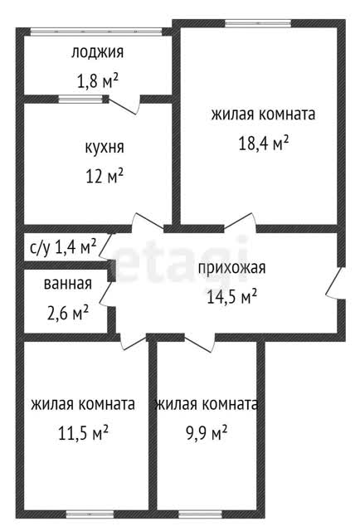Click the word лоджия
[x=97, y=53]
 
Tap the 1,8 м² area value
[x=98, y=81]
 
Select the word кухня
[x=104, y=148]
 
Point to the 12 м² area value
[x=105, y=177]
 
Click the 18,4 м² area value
[x=264, y=143]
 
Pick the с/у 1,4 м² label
[x=63, y=246]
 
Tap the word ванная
[x=68, y=284]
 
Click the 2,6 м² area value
[x=68, y=313]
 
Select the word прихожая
[x=232, y=268]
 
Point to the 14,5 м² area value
[x=232, y=297]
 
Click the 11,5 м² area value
[x=83, y=433]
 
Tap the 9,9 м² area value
[x=207, y=433]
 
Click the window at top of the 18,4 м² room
[x=258, y=23]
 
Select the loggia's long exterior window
[x=96, y=32]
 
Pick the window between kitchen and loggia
[x=80, y=100]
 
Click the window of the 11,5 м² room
[x=90, y=514]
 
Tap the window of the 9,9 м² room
[x=200, y=514]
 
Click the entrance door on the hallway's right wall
[x=335, y=284]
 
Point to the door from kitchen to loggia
[x=124, y=105]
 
